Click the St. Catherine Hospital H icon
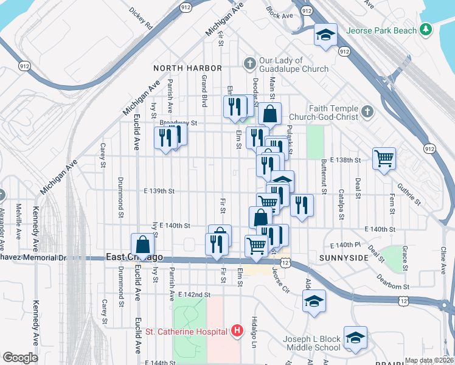(x=237, y=332)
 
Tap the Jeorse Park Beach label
(x=381, y=30)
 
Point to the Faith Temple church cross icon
(x=366, y=111)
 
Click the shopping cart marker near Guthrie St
(x=384, y=159)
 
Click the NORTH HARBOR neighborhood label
(x=187, y=68)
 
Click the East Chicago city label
(x=125, y=257)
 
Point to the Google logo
(x=20, y=358)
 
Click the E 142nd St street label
(x=194, y=294)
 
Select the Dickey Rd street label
(x=141, y=19)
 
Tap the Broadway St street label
(x=179, y=122)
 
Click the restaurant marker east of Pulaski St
(x=302, y=205)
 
